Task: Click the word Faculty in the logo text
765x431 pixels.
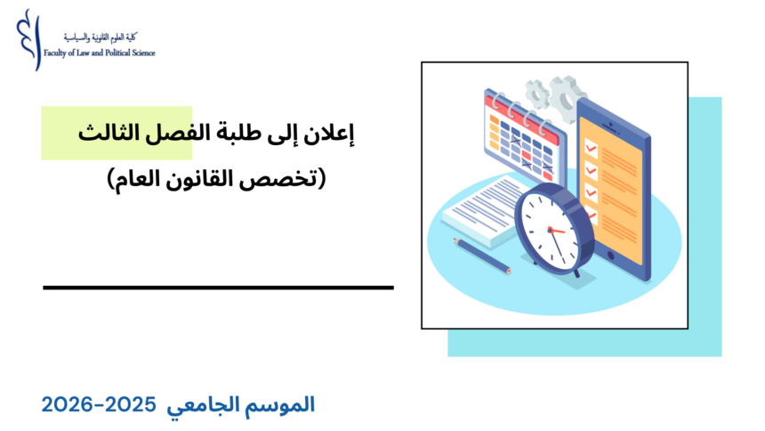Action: click(56, 53)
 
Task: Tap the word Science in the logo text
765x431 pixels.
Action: click(141, 53)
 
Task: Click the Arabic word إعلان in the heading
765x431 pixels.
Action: click(334, 134)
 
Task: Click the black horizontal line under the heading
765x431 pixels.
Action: click(218, 288)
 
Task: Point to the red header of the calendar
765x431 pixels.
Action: click(525, 115)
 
